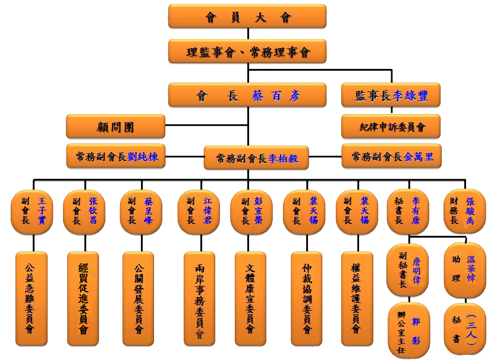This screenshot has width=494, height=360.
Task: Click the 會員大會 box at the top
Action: [x=247, y=17]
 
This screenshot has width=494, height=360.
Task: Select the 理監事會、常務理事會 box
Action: [x=247, y=51]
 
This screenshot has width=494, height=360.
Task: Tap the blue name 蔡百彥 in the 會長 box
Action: [x=276, y=96]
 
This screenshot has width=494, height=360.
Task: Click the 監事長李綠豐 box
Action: [x=391, y=95]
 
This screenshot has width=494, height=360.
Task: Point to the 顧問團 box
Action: [x=116, y=127]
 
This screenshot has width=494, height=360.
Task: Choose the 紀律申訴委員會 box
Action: [x=391, y=127]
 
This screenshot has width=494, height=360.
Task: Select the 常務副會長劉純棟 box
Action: [x=116, y=156]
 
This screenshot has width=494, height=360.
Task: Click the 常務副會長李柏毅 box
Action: [x=256, y=158]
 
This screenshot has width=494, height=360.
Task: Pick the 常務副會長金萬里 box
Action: [x=392, y=156]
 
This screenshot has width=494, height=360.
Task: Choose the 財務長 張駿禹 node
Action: [x=465, y=211]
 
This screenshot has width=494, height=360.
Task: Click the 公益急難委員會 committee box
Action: [x=32, y=299]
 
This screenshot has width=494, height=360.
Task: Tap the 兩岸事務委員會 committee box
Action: [x=199, y=299]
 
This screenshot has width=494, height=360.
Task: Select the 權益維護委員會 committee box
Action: [x=357, y=299]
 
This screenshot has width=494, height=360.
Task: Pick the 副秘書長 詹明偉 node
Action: [x=408, y=270]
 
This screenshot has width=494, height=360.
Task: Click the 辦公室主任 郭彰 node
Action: [x=409, y=330]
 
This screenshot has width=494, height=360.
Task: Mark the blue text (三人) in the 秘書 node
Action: [x=471, y=330]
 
